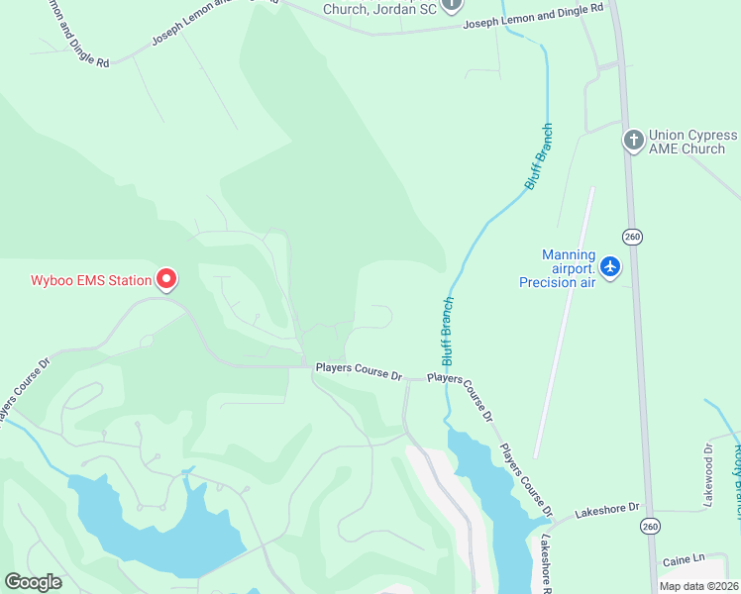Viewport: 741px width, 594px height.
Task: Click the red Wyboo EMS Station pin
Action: click(166, 280)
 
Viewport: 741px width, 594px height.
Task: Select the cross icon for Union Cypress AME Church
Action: click(633, 141)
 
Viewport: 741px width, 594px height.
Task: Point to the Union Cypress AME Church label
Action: click(692, 142)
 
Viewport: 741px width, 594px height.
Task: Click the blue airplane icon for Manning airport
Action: click(610, 267)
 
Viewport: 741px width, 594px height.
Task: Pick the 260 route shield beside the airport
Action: click(633, 236)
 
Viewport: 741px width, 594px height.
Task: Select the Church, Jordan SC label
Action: click(379, 10)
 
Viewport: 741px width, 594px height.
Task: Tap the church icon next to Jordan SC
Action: click(452, 5)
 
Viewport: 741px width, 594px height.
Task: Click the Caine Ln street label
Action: click(684, 560)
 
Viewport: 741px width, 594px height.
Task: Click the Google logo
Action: click(33, 582)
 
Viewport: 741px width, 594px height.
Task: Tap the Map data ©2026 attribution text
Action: click(698, 586)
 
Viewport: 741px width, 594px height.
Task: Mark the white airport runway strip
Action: click(565, 322)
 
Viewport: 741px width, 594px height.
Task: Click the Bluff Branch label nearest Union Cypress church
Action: click(538, 156)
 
